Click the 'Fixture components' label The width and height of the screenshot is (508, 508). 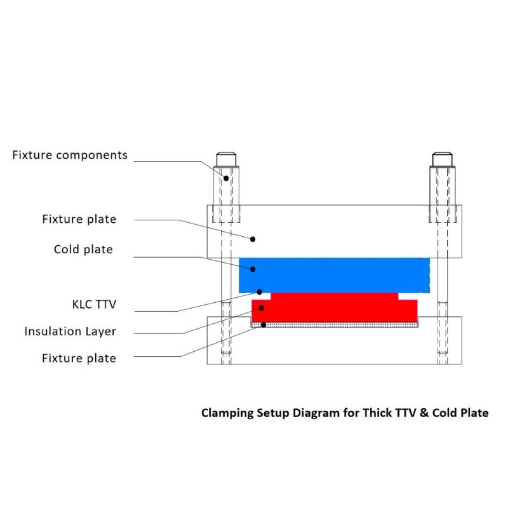(70, 155)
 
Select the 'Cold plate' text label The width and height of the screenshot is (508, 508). (83, 249)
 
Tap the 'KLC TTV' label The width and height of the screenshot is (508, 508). (94, 304)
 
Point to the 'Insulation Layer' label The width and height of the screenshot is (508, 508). (70, 331)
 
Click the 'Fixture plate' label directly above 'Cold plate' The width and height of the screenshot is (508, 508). (79, 219)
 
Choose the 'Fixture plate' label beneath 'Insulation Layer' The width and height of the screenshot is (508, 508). (79, 358)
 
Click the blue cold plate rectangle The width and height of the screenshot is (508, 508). (335, 276)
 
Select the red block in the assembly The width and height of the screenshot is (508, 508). (335, 307)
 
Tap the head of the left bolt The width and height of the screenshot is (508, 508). (226, 159)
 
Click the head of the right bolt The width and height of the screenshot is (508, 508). (442, 159)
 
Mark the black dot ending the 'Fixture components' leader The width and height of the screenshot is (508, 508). (226, 178)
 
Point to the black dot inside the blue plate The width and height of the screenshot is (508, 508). (253, 269)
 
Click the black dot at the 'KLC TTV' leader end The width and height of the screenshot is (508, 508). (260, 292)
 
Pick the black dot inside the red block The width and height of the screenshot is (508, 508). (262, 308)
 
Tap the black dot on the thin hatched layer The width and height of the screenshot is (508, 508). (264, 325)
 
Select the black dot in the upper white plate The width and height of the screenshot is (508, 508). (253, 239)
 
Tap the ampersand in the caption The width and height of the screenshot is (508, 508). (424, 413)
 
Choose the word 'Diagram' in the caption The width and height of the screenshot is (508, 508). (316, 413)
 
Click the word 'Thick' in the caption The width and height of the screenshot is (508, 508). (377, 413)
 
